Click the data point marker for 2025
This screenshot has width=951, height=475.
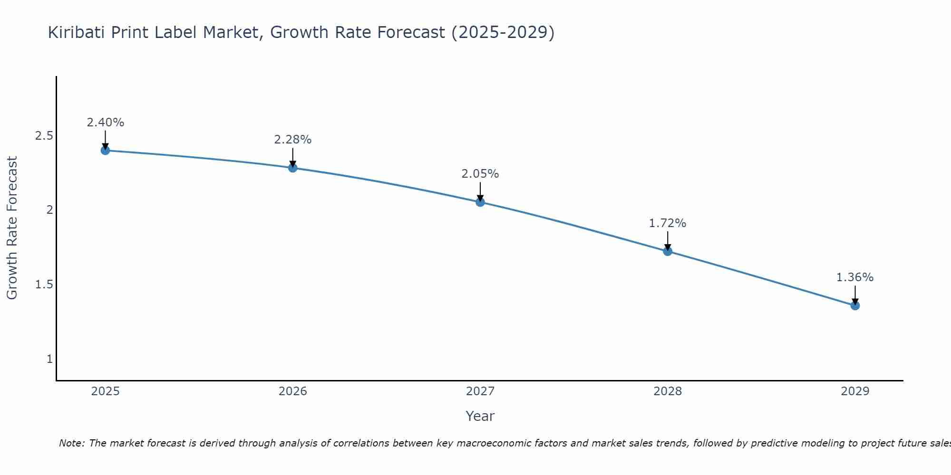point(105,151)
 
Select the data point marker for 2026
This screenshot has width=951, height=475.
point(293,168)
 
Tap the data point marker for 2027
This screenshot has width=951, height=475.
point(480,202)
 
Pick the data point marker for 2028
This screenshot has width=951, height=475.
point(668,251)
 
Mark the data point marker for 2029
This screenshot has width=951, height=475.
point(855,305)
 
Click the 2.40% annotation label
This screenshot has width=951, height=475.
point(105,123)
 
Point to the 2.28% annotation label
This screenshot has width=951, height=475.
point(293,140)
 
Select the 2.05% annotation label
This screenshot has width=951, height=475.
point(480,174)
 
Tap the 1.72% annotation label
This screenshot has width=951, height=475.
point(668,223)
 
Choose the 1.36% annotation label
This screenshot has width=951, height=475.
point(855,277)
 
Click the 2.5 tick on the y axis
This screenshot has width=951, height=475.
point(44,136)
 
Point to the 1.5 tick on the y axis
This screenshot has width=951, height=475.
point(44,285)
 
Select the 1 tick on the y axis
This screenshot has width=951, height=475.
point(49,359)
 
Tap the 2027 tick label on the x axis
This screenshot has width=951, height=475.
point(480,391)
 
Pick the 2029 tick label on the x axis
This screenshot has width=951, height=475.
point(855,391)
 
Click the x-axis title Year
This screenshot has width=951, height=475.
point(480,416)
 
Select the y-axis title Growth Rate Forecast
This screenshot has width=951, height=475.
point(12,228)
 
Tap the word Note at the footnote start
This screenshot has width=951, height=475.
point(71,443)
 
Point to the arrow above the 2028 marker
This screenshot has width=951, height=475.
point(668,240)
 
